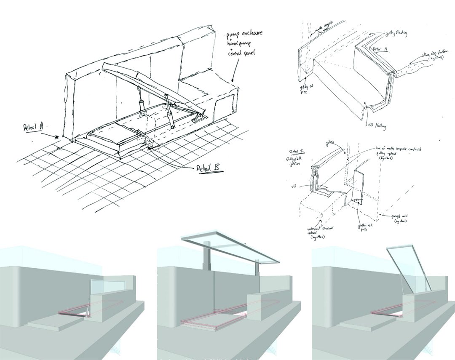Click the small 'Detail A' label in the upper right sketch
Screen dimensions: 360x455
point(381,49)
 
